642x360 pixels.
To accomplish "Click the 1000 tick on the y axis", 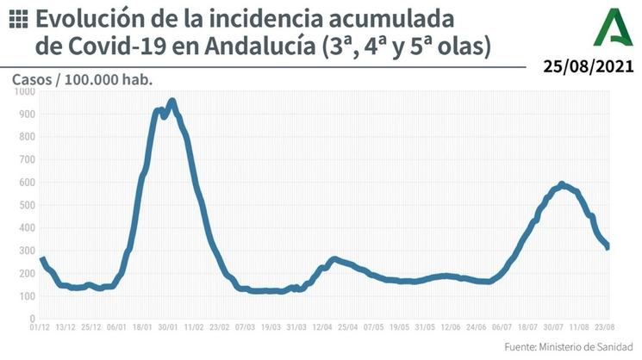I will [x=25, y=91].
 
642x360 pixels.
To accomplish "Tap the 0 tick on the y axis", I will [x=31, y=318].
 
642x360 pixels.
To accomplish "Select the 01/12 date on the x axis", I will [x=40, y=327].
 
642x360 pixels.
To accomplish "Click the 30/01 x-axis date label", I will [x=167, y=327].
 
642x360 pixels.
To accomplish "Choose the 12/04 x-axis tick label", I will [x=322, y=327].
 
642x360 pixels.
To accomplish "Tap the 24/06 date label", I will [x=477, y=327].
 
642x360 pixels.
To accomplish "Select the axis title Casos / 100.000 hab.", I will [x=82, y=78].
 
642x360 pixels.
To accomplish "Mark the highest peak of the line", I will [x=172, y=102].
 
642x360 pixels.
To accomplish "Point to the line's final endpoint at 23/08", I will [x=608, y=247].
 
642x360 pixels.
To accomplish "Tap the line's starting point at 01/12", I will [x=41, y=258].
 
